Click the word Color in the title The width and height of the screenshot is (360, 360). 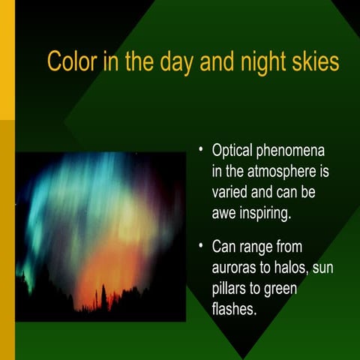(x=71, y=61)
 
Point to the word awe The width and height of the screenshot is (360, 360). (x=226, y=213)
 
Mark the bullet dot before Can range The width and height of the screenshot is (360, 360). (x=201, y=244)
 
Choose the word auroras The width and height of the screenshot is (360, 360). (x=237, y=267)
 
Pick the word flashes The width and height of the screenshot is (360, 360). (x=235, y=308)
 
